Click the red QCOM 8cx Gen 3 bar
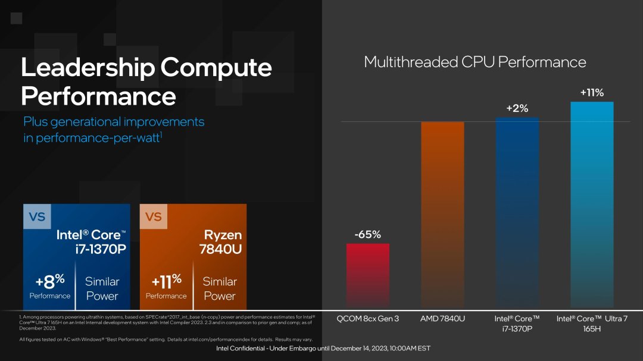(x=367, y=275)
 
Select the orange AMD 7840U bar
(x=442, y=214)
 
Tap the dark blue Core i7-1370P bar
(x=517, y=212)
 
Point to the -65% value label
(x=367, y=234)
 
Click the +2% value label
(x=517, y=108)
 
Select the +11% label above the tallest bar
(x=592, y=93)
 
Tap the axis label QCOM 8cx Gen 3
(x=367, y=319)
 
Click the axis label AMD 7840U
(x=442, y=319)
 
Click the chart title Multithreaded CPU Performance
(x=475, y=62)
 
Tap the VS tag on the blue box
(x=37, y=217)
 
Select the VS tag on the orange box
(x=154, y=217)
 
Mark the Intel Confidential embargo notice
(x=322, y=348)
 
